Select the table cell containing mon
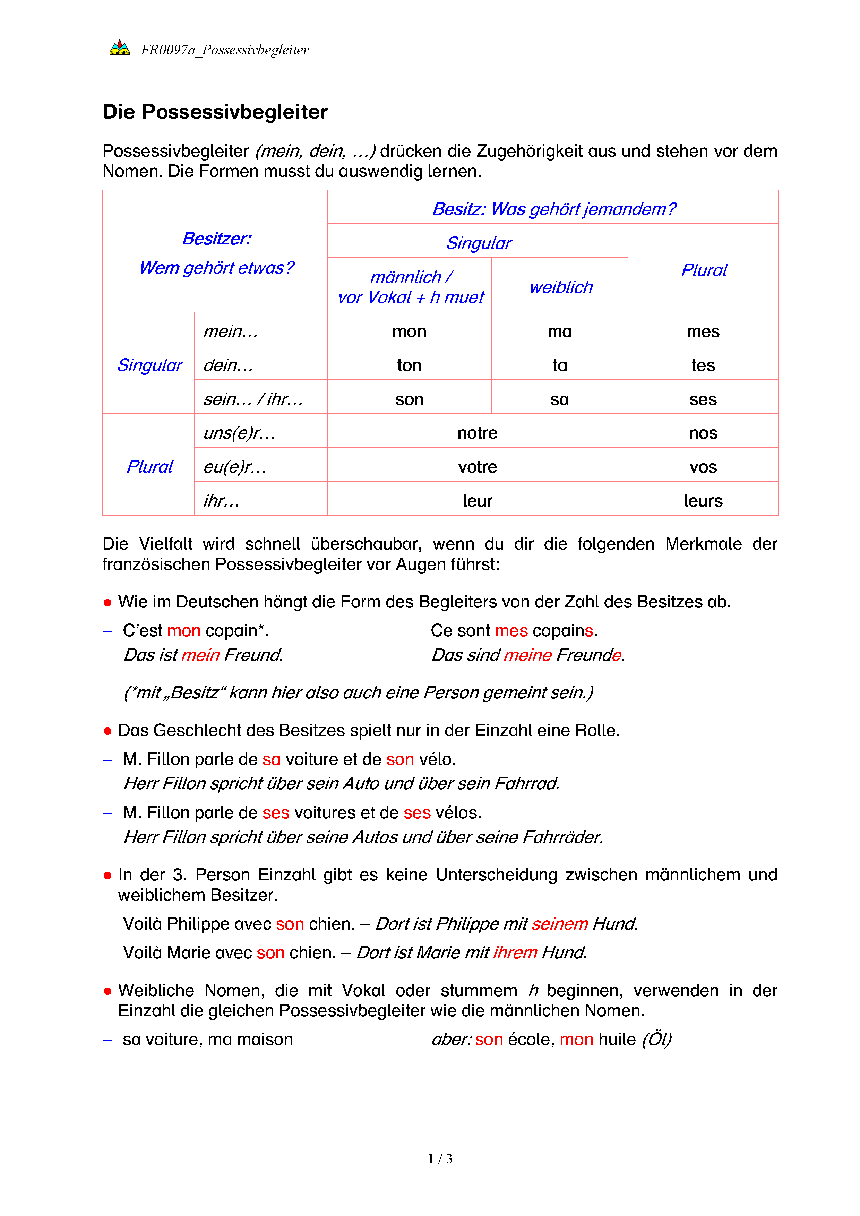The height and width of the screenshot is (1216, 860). click(409, 331)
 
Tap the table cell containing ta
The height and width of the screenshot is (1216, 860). click(559, 365)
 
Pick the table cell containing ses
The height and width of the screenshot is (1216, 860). click(703, 399)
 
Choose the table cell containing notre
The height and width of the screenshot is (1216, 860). click(477, 433)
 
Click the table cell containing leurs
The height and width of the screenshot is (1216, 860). click(703, 501)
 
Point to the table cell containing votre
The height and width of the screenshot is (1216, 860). click(477, 467)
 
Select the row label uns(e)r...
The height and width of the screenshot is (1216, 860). click(239, 433)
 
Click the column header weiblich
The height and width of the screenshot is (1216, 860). click(561, 287)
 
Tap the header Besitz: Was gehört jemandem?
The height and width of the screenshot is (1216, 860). click(553, 209)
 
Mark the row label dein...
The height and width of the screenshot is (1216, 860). click(228, 365)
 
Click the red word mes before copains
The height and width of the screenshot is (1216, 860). click(511, 631)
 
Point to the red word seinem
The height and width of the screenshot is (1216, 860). click(560, 924)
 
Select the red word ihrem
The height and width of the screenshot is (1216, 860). click(515, 953)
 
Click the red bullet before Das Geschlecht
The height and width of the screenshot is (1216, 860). click(108, 731)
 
